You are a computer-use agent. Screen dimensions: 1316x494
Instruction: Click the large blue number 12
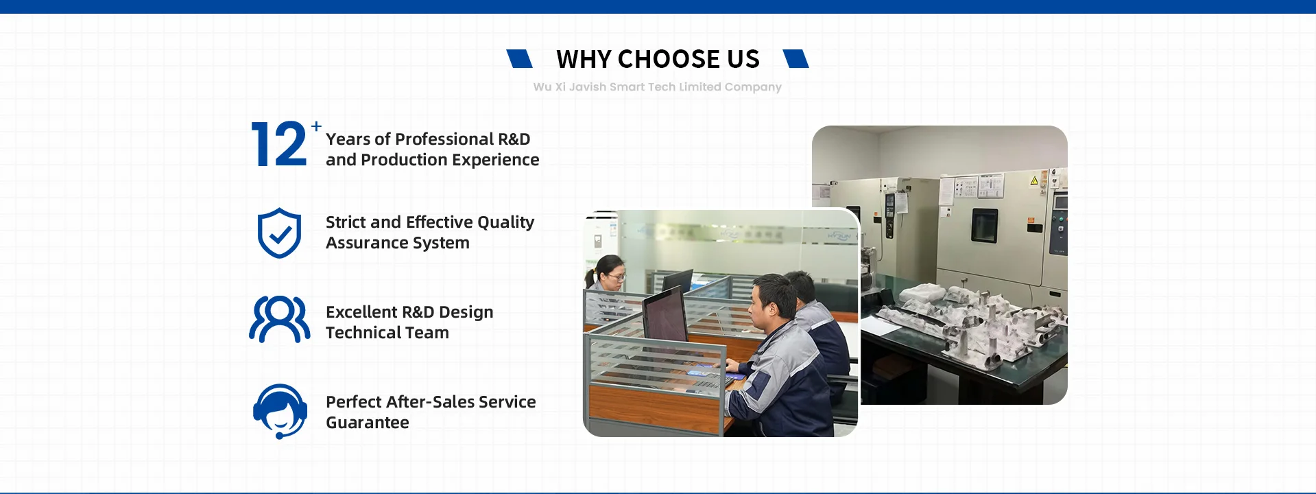pos(279,144)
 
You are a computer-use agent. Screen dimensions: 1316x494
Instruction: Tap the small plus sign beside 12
pos(316,126)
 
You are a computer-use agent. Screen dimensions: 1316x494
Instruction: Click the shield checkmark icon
pos(279,233)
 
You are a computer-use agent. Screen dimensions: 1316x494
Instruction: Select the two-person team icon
pos(280,319)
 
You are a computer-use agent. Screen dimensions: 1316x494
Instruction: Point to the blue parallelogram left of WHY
pos(519,59)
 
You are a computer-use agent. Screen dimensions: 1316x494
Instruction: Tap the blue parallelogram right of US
pos(795,59)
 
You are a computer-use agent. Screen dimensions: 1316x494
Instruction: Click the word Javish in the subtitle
pos(588,87)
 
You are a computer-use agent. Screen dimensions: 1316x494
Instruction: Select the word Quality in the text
pos(505,223)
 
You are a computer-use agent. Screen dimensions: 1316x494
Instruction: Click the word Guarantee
pos(368,423)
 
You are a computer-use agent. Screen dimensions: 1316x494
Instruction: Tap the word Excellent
pos(361,312)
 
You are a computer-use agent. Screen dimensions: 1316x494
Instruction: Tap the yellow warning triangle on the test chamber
pos(1034,180)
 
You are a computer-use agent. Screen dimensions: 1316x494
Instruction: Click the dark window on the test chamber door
pos(984,226)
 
